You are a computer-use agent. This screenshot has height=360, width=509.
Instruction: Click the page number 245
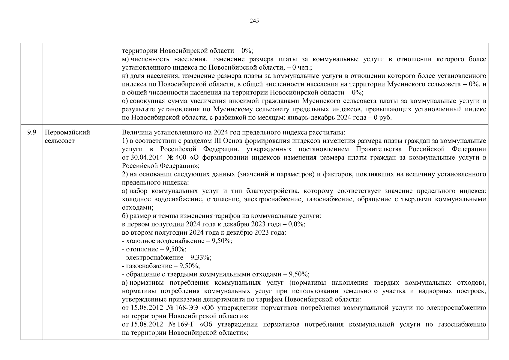pyautogui.click(x=254, y=21)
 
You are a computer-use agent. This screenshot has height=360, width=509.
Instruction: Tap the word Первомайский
pyautogui.click(x=67, y=132)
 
